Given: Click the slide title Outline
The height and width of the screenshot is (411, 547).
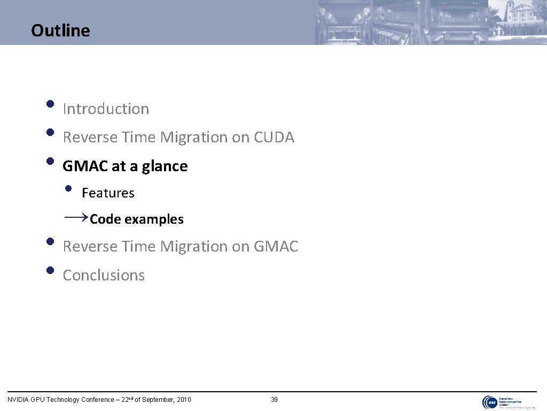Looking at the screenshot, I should coord(60,31).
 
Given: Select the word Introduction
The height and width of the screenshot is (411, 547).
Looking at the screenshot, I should coord(106,109).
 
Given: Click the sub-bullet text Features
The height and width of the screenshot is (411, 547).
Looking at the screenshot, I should coord(108,193).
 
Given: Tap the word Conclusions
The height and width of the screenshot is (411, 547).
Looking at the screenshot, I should coord(104,275).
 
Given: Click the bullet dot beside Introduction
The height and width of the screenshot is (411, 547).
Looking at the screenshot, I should coord(50,104).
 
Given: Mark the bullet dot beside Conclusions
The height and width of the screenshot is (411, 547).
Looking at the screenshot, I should coord(50,270).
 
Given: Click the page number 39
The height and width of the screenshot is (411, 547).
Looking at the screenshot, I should coord(274,400).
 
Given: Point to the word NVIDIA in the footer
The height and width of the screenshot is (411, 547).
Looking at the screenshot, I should coord(18,400).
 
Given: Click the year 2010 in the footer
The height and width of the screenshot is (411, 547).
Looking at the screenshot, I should coord(183,400).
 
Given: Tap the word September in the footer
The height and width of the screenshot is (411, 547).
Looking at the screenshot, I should coord(156,400).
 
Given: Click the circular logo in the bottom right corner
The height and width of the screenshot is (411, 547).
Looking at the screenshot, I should coord(489,402).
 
